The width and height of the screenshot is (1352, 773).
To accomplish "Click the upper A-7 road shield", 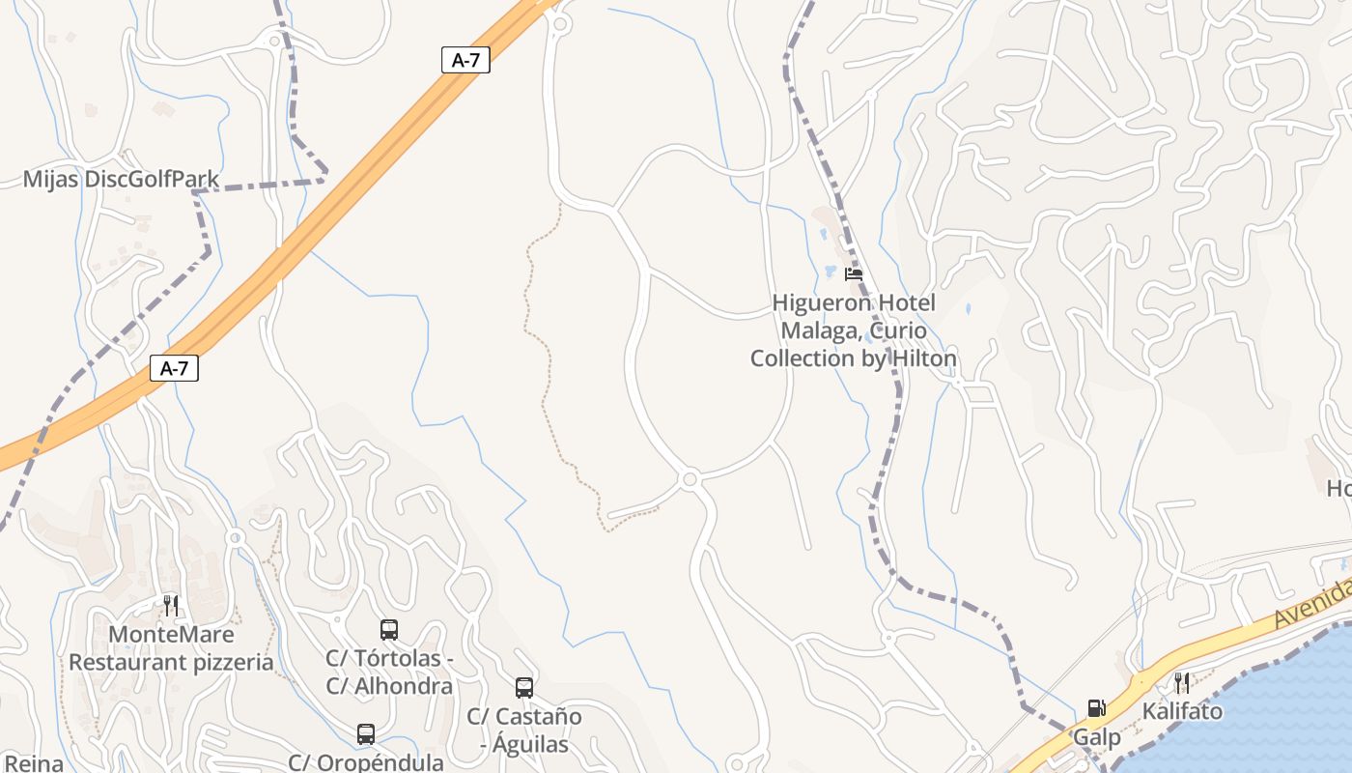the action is [x=465, y=60].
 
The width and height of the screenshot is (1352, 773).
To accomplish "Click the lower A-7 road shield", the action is [x=174, y=368].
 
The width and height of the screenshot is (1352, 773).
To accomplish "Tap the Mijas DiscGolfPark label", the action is [x=121, y=179].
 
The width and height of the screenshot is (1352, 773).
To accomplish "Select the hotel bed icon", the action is [x=853, y=274].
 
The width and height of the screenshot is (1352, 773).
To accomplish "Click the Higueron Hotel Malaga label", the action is [x=854, y=330].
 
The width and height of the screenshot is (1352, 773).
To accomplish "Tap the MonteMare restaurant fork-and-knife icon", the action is [x=171, y=606].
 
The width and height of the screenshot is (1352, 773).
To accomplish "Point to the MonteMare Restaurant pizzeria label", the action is [x=171, y=648].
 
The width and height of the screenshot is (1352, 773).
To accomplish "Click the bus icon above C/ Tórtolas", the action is [x=389, y=630].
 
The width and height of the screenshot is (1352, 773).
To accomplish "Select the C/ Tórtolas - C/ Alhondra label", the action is [x=389, y=673].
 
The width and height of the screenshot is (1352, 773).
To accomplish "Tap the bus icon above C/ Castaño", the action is [x=524, y=688].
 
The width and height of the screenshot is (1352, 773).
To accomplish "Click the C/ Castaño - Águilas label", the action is [x=524, y=730].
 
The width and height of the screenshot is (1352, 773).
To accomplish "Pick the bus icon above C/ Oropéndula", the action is [x=366, y=734].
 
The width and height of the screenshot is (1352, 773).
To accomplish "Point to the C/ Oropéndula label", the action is [x=366, y=762].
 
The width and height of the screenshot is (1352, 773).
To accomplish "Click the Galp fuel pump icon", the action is [x=1096, y=709].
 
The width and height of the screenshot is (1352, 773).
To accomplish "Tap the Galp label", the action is [x=1098, y=738].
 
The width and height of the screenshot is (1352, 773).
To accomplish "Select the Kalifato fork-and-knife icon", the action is [x=1182, y=683].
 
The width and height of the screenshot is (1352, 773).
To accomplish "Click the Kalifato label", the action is [x=1182, y=712].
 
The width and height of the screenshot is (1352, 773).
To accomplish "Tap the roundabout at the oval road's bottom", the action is [x=690, y=479].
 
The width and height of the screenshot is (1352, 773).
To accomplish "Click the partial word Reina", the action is [x=32, y=763].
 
